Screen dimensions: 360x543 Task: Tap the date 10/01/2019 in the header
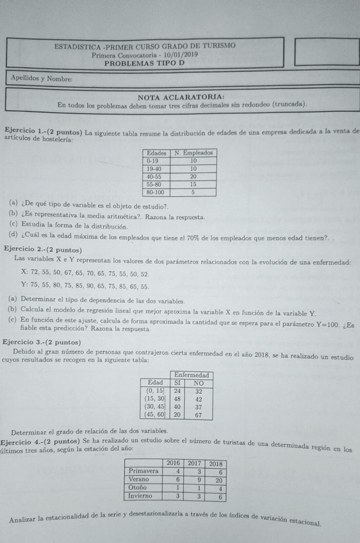click(x=179, y=55)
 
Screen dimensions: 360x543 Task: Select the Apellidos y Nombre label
click(x=41, y=79)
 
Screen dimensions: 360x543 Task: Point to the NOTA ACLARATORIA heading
click(x=181, y=96)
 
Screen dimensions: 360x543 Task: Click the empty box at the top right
click(x=326, y=52)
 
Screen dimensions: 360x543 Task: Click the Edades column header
click(x=157, y=153)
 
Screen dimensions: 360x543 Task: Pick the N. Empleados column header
click(x=193, y=153)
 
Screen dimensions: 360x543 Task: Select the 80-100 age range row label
click(x=156, y=191)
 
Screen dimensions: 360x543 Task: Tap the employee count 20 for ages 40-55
click(x=193, y=176)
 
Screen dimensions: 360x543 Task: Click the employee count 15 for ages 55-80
click(x=193, y=184)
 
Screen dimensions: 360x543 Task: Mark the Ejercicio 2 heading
click(x=42, y=249)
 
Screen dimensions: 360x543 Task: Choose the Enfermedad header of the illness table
click(x=191, y=375)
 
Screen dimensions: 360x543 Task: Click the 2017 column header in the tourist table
click(x=195, y=463)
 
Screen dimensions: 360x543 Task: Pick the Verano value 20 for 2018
click(x=217, y=480)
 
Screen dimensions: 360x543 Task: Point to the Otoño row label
click(x=138, y=488)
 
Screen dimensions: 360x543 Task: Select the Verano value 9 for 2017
click(x=199, y=480)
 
